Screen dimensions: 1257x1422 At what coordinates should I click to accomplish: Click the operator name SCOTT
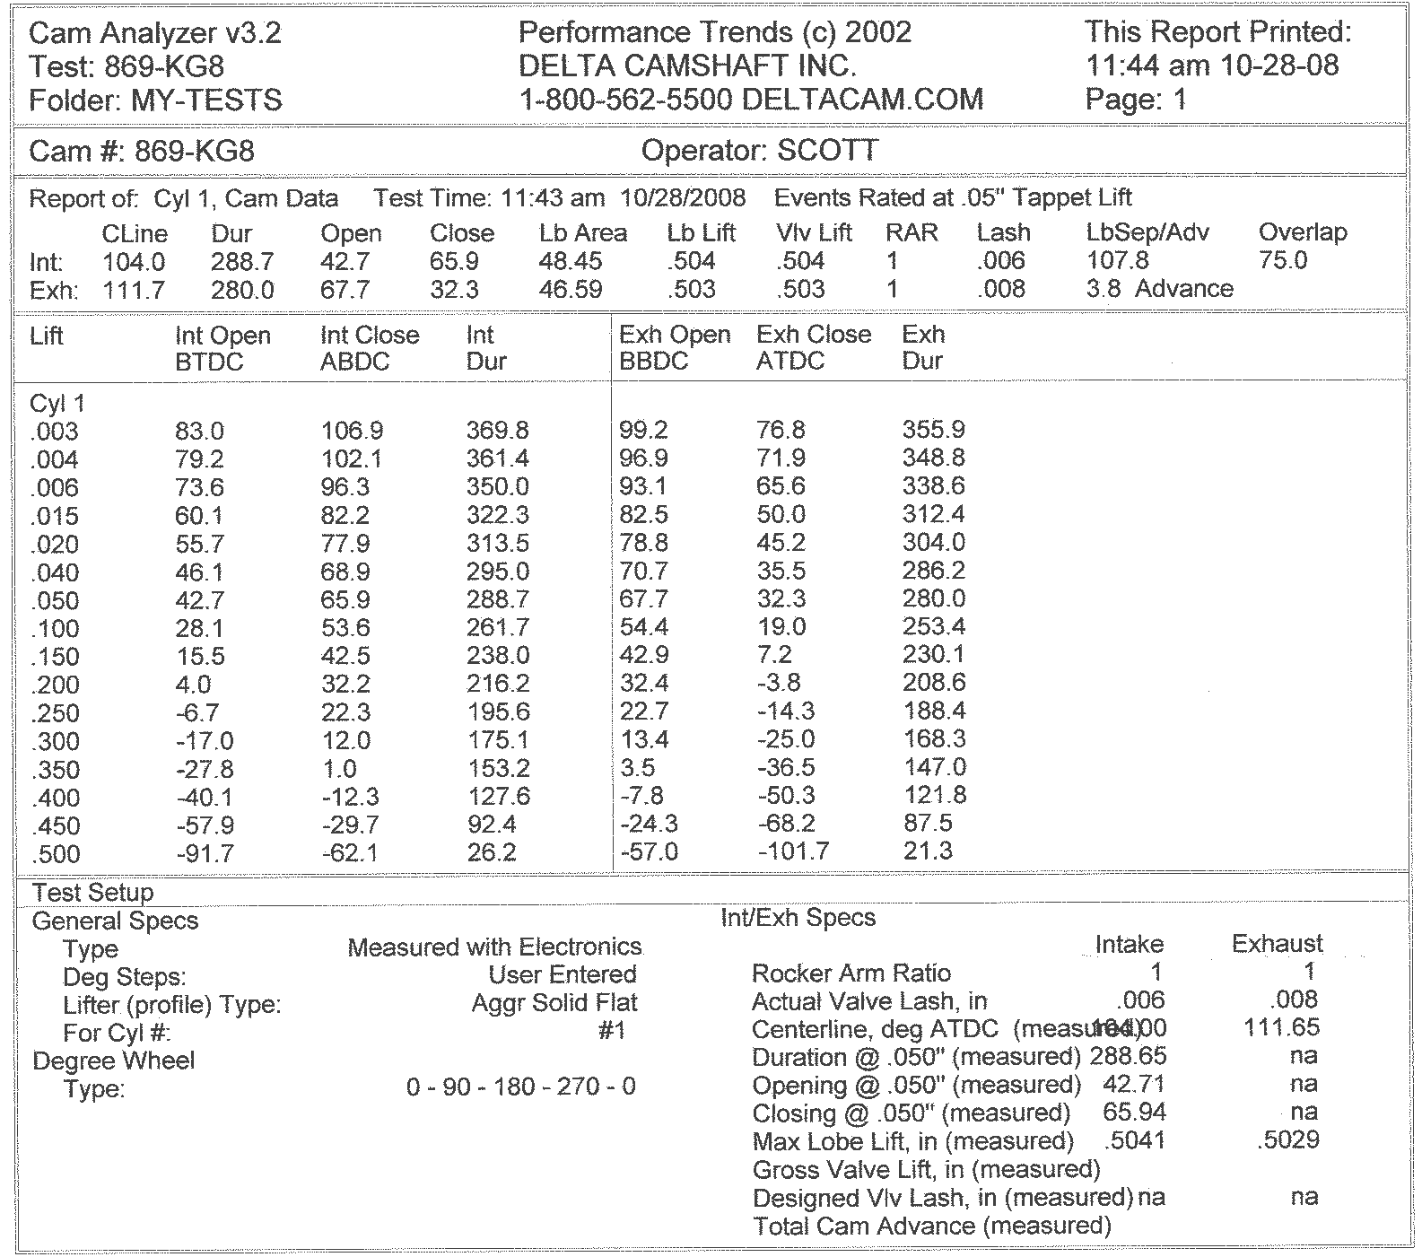tap(827, 151)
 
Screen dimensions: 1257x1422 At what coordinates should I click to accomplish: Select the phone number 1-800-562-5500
tap(625, 99)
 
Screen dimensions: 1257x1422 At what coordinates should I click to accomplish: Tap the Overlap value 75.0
tap(1283, 261)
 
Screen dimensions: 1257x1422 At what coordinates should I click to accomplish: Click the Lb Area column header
tap(582, 233)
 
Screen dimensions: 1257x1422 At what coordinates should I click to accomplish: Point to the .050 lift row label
tap(55, 600)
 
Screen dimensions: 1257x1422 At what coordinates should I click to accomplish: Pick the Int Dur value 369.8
tap(497, 431)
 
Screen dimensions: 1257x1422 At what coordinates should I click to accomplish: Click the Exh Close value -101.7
tap(793, 851)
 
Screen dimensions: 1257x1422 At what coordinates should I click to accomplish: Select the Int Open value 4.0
tap(193, 685)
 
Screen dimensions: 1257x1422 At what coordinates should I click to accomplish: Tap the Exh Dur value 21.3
tap(927, 851)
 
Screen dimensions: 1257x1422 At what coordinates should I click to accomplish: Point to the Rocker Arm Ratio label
tap(851, 973)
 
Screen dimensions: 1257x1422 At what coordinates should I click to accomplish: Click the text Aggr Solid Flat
tap(554, 1003)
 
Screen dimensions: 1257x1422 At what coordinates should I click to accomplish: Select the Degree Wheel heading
tap(113, 1061)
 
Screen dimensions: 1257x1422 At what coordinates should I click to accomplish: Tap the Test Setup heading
tap(93, 893)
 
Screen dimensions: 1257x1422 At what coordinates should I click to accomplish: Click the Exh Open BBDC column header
tap(675, 348)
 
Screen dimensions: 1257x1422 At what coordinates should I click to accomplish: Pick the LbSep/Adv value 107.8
tap(1117, 261)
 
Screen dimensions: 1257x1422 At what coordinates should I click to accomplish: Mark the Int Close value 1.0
tap(338, 769)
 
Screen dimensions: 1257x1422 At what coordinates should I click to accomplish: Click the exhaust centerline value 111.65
tap(1282, 1027)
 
